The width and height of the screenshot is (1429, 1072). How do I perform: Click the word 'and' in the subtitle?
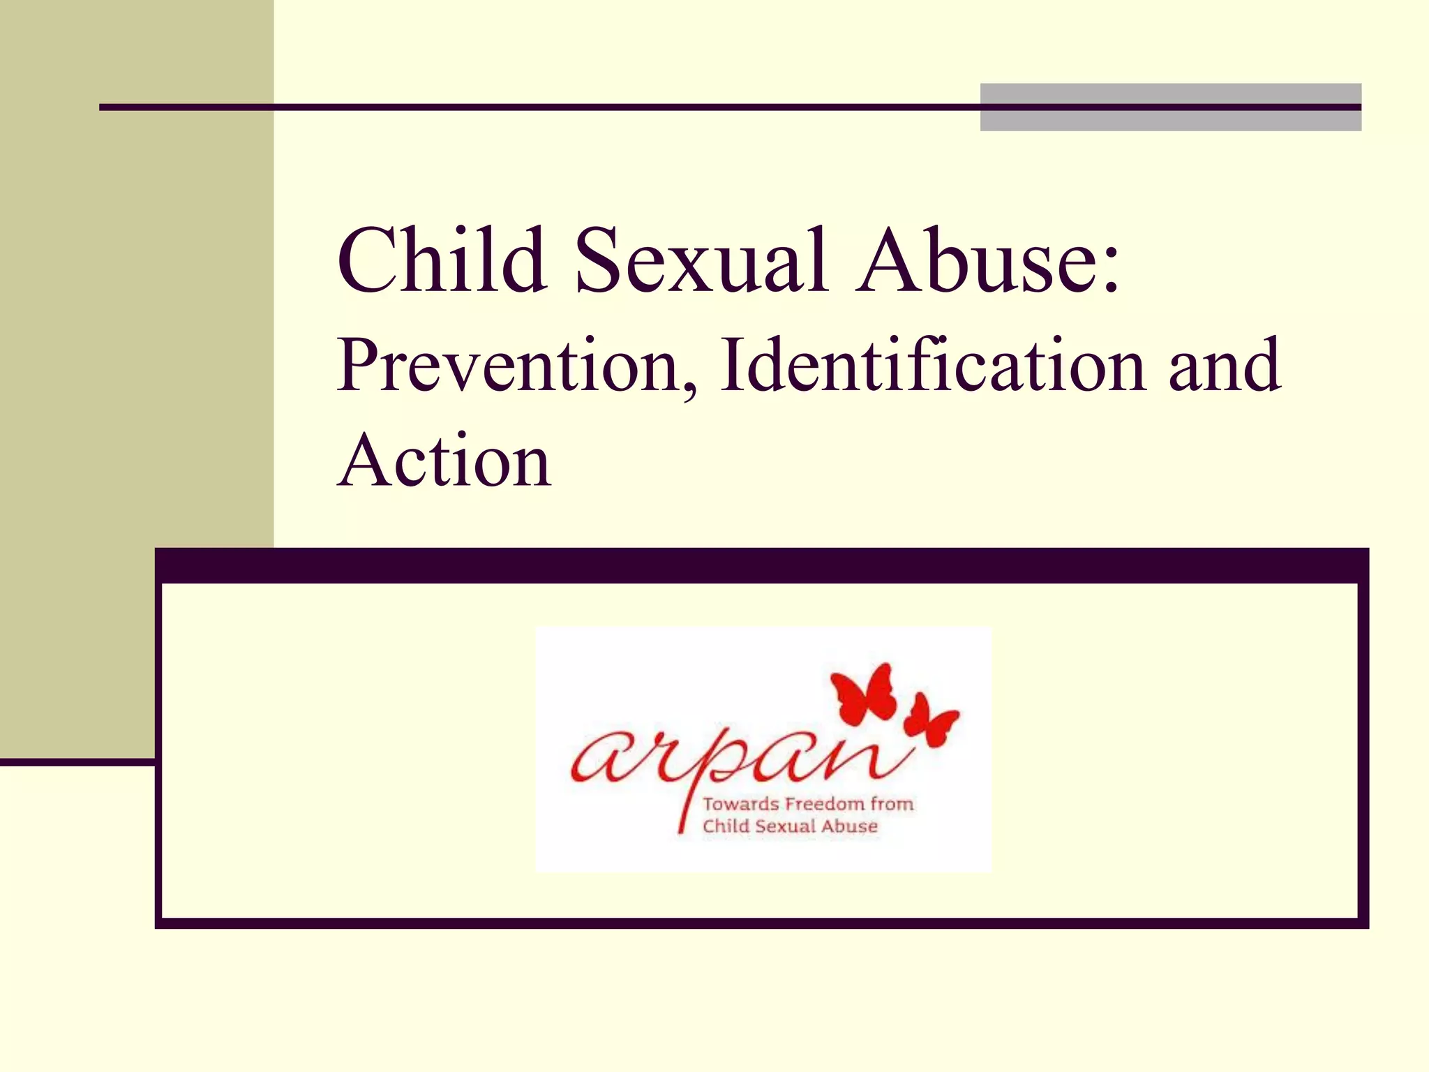click(x=1225, y=366)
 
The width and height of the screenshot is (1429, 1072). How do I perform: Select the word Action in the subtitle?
click(x=444, y=461)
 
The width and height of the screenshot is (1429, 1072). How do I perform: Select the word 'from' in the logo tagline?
click(x=892, y=804)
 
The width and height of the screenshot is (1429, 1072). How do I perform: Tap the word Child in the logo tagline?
click(x=726, y=826)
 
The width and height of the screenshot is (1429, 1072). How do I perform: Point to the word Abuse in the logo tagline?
click(x=849, y=826)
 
